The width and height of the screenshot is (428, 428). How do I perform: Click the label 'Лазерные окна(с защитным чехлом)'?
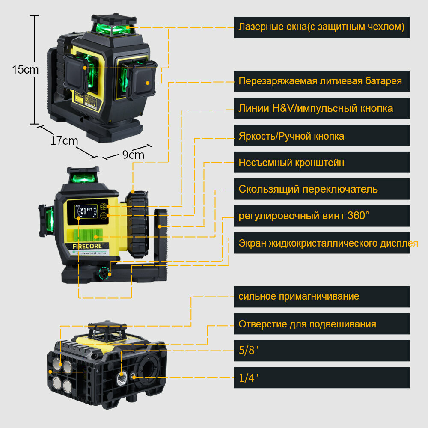[x=321, y=27]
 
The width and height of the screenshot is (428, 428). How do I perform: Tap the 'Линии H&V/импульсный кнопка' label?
[x=316, y=108]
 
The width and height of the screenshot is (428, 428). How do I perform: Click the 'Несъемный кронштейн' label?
[x=291, y=162]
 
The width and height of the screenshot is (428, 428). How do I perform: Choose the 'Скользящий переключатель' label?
[x=308, y=189]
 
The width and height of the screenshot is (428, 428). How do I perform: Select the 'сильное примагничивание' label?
[x=299, y=296]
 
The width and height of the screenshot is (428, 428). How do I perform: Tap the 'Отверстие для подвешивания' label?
[x=307, y=324]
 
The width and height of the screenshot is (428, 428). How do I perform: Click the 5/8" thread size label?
[x=249, y=351]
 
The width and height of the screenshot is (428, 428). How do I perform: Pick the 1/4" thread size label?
[x=249, y=378]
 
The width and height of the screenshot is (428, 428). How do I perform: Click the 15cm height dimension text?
[x=25, y=70]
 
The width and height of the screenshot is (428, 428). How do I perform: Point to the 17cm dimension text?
[x=64, y=140]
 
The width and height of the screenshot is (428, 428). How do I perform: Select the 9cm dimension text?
[x=133, y=155]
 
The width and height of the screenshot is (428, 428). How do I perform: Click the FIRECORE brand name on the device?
[x=85, y=247]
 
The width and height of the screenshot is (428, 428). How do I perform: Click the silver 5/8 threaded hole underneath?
[x=122, y=377]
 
